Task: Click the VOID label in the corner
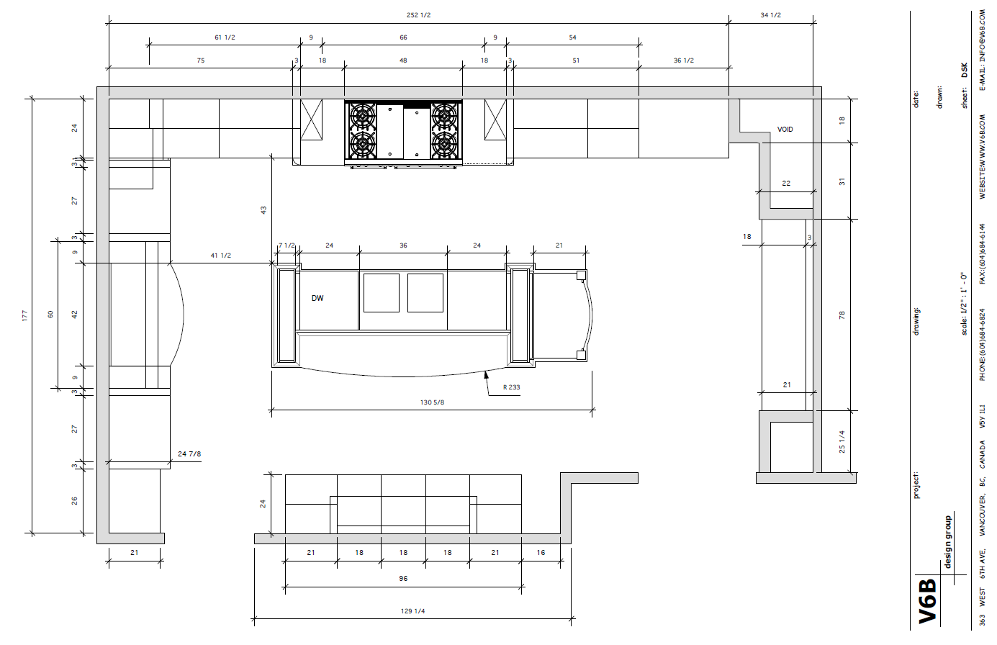click(x=785, y=130)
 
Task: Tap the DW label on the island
click(x=317, y=298)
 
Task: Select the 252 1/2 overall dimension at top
click(x=418, y=15)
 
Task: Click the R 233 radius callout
click(x=511, y=387)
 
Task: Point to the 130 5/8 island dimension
click(x=432, y=402)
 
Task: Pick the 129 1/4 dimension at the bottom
click(x=412, y=611)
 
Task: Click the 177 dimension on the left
click(x=25, y=316)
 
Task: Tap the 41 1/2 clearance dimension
click(x=220, y=256)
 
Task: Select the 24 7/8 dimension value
click(x=189, y=454)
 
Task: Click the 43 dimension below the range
click(x=263, y=210)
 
